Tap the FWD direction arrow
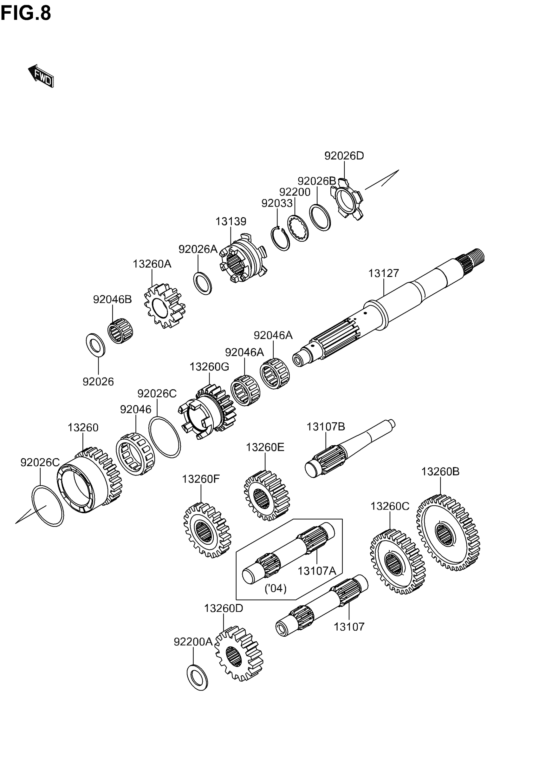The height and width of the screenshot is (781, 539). click(41, 76)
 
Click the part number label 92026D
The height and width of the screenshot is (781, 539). click(344, 156)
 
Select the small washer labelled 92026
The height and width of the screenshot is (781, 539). click(95, 345)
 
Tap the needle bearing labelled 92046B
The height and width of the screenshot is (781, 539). click(120, 333)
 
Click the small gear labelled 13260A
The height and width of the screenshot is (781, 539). click(165, 306)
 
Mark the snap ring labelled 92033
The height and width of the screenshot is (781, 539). click(280, 239)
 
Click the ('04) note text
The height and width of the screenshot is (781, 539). click(275, 588)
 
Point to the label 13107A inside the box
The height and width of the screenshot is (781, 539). click(316, 571)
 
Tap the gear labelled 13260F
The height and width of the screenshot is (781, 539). click(207, 530)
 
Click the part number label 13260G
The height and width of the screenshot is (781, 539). click(209, 367)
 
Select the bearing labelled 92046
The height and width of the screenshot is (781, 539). click(135, 454)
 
